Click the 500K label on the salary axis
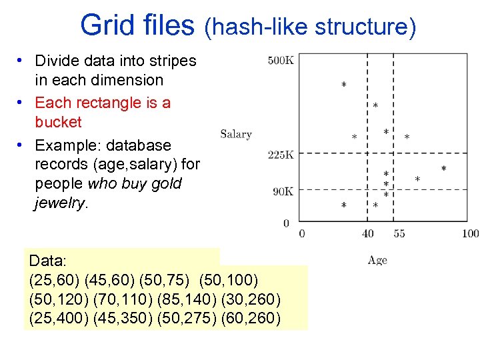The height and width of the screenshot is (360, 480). click(x=281, y=61)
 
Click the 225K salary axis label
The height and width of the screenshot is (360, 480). click(x=281, y=155)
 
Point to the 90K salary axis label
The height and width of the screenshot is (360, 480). click(x=283, y=192)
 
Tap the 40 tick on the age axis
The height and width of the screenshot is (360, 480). click(x=368, y=234)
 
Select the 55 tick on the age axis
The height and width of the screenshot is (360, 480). click(x=399, y=234)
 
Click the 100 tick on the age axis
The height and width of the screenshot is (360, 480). click(x=470, y=234)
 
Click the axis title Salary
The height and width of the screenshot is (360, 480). click(x=236, y=134)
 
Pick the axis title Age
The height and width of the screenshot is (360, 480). click(x=377, y=260)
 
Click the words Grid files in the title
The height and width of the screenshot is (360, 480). click(x=137, y=26)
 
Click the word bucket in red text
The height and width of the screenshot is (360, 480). click(x=58, y=122)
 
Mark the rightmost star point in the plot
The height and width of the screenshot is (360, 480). click(x=444, y=169)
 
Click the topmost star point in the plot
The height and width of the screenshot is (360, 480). click(x=343, y=85)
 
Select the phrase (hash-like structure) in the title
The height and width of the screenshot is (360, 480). click(x=310, y=27)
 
